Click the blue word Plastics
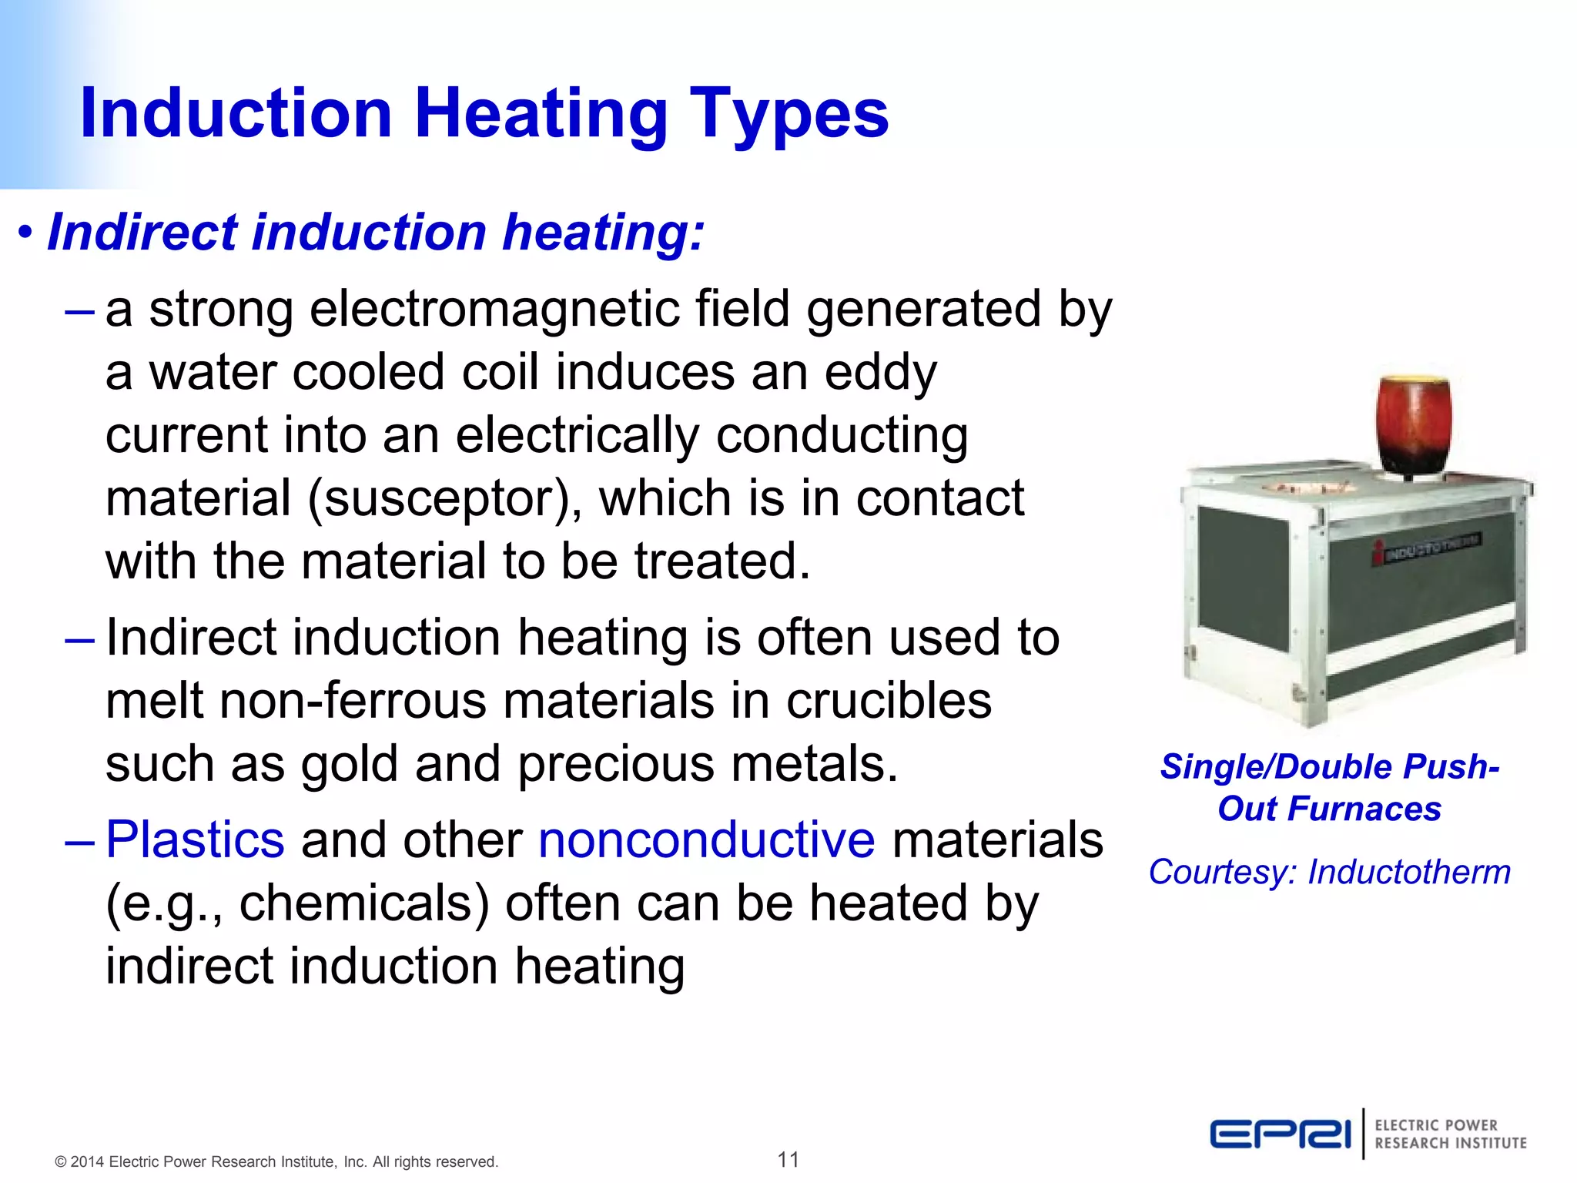(x=195, y=839)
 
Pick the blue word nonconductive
(x=706, y=839)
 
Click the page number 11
(x=788, y=1159)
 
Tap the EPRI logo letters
(x=1280, y=1134)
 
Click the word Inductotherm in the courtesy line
(x=1408, y=873)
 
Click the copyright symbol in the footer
(x=60, y=1162)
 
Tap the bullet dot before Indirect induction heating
(x=25, y=232)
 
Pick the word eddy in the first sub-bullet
(x=880, y=373)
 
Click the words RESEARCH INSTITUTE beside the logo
(x=1450, y=1144)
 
